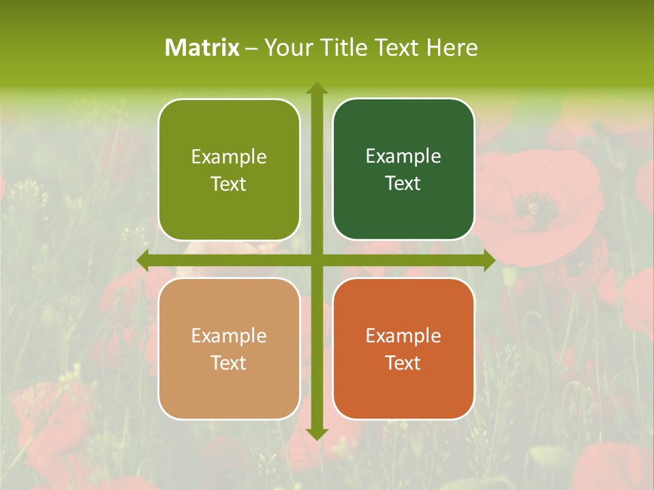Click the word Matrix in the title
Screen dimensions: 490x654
pyautogui.click(x=202, y=48)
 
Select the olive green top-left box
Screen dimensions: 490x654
pyautogui.click(x=229, y=169)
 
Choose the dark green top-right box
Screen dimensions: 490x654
pyautogui.click(x=403, y=169)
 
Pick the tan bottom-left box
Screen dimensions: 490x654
pyautogui.click(x=229, y=348)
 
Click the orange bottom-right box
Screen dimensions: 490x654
pyautogui.click(x=403, y=348)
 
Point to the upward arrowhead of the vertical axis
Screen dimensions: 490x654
pyautogui.click(x=317, y=88)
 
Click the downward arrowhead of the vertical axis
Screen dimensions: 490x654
pyautogui.click(x=317, y=434)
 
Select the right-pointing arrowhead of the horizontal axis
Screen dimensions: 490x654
pyautogui.click(x=489, y=260)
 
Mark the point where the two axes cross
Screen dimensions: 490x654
pyautogui.click(x=317, y=260)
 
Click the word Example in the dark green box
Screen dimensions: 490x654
pyautogui.click(x=403, y=156)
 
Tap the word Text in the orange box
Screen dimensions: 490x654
pyautogui.click(x=403, y=363)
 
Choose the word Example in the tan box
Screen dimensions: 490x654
pyautogui.click(x=229, y=336)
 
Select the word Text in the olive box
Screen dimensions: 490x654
pyautogui.click(x=229, y=184)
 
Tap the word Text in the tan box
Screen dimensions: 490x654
pyautogui.click(x=229, y=363)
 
